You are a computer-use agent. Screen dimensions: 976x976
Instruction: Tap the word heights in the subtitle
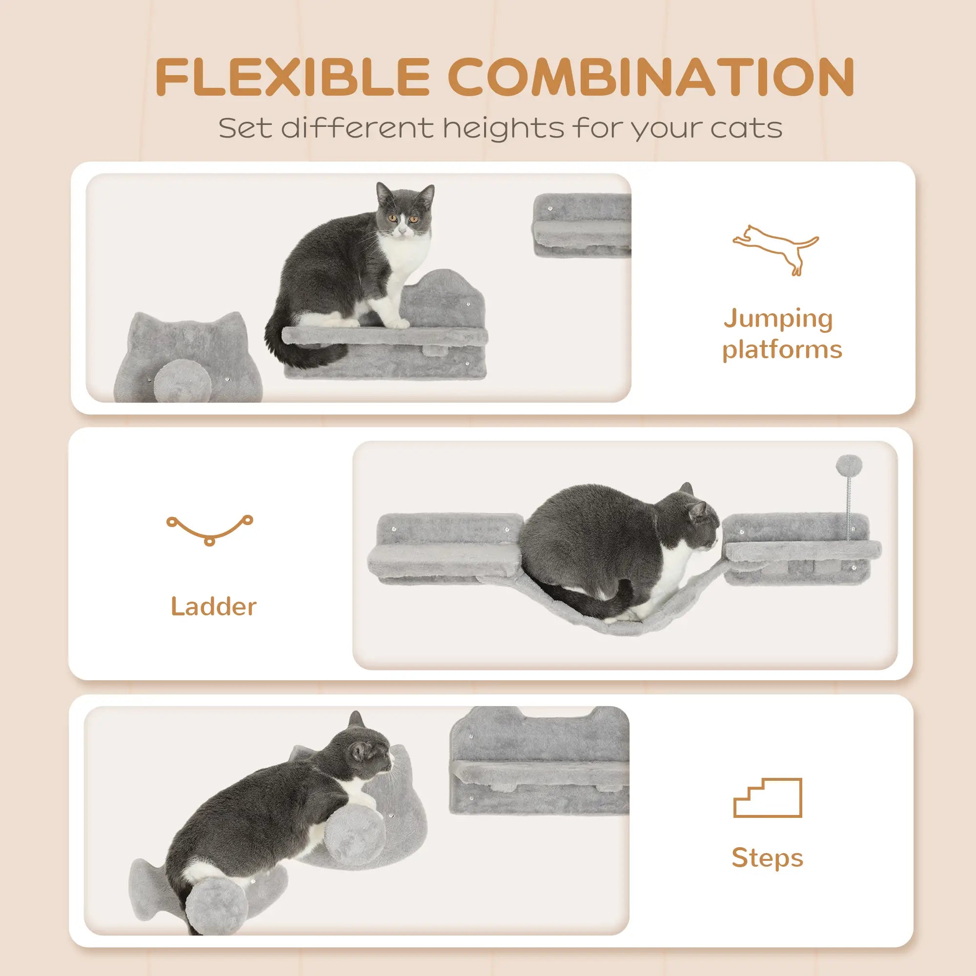click(x=503, y=128)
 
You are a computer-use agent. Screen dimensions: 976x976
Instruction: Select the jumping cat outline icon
click(x=775, y=249)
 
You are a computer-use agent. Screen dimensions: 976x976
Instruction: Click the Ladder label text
click(x=213, y=606)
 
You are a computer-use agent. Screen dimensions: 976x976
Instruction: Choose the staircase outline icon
click(x=767, y=798)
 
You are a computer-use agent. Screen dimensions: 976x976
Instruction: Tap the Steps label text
click(x=767, y=858)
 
